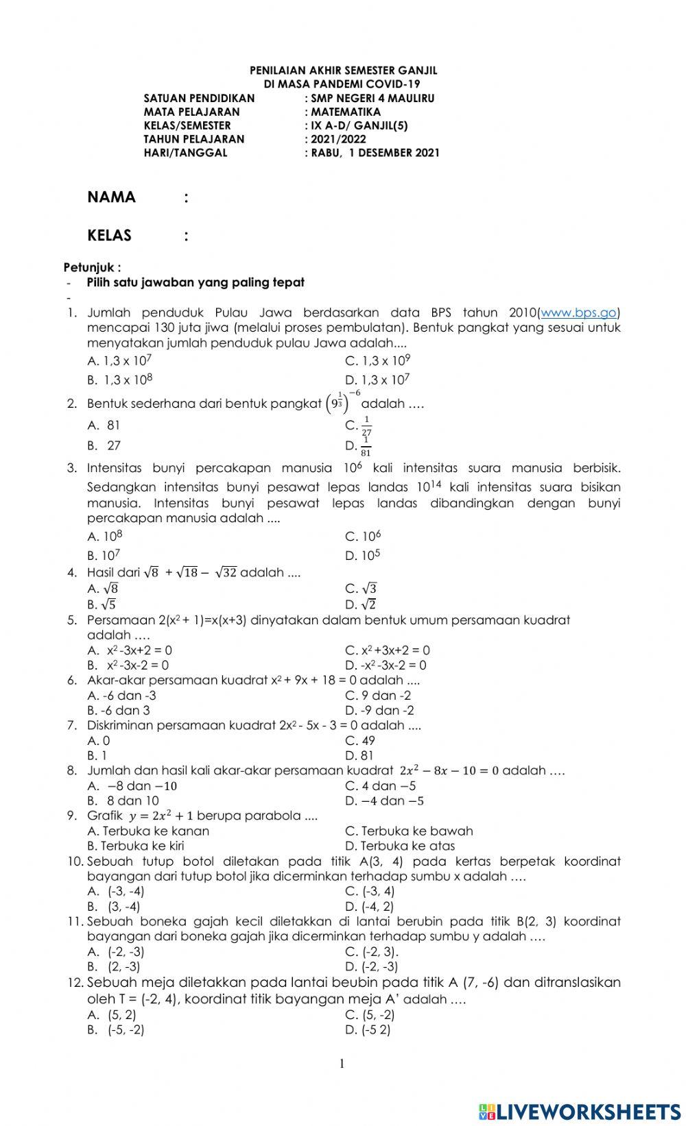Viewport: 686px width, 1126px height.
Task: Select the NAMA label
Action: click(112, 197)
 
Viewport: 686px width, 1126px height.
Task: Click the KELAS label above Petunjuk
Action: click(110, 236)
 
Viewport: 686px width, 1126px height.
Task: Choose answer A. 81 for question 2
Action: click(104, 426)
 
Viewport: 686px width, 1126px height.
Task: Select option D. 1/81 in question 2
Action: click(359, 446)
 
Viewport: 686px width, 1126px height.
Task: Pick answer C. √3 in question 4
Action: click(362, 589)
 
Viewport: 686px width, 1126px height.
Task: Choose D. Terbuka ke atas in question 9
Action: click(400, 846)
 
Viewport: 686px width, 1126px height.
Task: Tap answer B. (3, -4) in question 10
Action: click(115, 907)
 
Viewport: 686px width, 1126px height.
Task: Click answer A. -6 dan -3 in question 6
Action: click(122, 696)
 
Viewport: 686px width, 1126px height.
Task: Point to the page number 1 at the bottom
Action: click(342, 1064)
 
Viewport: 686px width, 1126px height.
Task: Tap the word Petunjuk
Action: click(92, 267)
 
